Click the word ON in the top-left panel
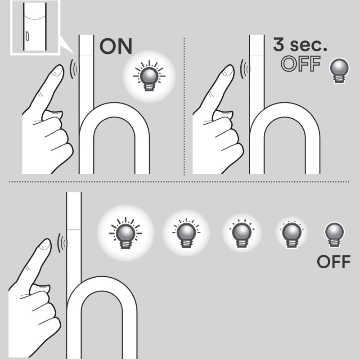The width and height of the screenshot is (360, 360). point(116,46)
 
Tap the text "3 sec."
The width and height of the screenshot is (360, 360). point(300,45)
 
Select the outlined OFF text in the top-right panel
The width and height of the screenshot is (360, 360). point(301,65)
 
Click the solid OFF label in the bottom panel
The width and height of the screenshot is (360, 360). point(333,262)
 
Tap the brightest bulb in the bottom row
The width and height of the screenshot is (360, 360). point(126,232)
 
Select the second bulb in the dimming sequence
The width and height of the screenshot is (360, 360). point(185,233)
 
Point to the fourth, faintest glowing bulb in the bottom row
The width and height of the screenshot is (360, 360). point(290,233)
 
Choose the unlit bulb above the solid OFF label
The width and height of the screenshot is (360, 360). point(334,234)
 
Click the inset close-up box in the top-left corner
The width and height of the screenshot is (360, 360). point(34,27)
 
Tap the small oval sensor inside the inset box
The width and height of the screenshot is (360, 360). point(27,36)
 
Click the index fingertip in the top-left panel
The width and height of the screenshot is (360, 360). point(58,71)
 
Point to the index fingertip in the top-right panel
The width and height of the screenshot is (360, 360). point(229,71)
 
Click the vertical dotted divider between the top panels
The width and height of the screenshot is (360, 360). point(184,108)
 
